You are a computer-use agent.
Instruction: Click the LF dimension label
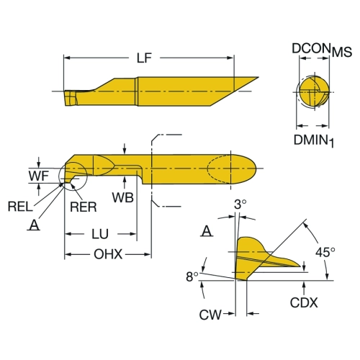(x=144, y=58)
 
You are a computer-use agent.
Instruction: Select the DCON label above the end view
(x=311, y=48)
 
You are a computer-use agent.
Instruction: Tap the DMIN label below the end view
(x=311, y=140)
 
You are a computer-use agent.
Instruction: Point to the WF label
(x=39, y=176)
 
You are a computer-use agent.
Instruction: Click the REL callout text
(x=20, y=207)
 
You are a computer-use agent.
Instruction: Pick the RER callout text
(x=84, y=207)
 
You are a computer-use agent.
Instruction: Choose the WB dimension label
(x=123, y=197)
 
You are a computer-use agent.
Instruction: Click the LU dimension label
(x=100, y=234)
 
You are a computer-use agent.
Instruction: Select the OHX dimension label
(x=108, y=254)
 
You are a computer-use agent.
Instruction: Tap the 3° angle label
(x=240, y=204)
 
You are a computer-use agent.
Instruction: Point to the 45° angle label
(x=325, y=252)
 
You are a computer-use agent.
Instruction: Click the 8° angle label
(x=192, y=276)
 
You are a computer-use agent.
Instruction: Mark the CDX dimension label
(x=304, y=302)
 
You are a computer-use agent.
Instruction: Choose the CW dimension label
(x=210, y=315)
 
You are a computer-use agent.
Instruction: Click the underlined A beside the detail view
(x=207, y=231)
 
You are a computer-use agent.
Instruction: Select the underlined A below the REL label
(x=34, y=225)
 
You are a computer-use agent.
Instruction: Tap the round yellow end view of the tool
(x=314, y=91)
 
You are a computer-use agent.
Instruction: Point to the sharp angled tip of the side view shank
(x=258, y=77)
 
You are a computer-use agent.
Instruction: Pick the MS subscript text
(x=342, y=52)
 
